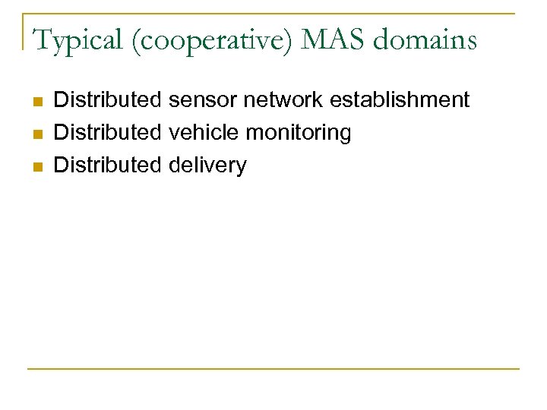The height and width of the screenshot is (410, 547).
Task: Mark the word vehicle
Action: (x=204, y=132)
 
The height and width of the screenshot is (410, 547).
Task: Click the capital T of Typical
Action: (x=41, y=39)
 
